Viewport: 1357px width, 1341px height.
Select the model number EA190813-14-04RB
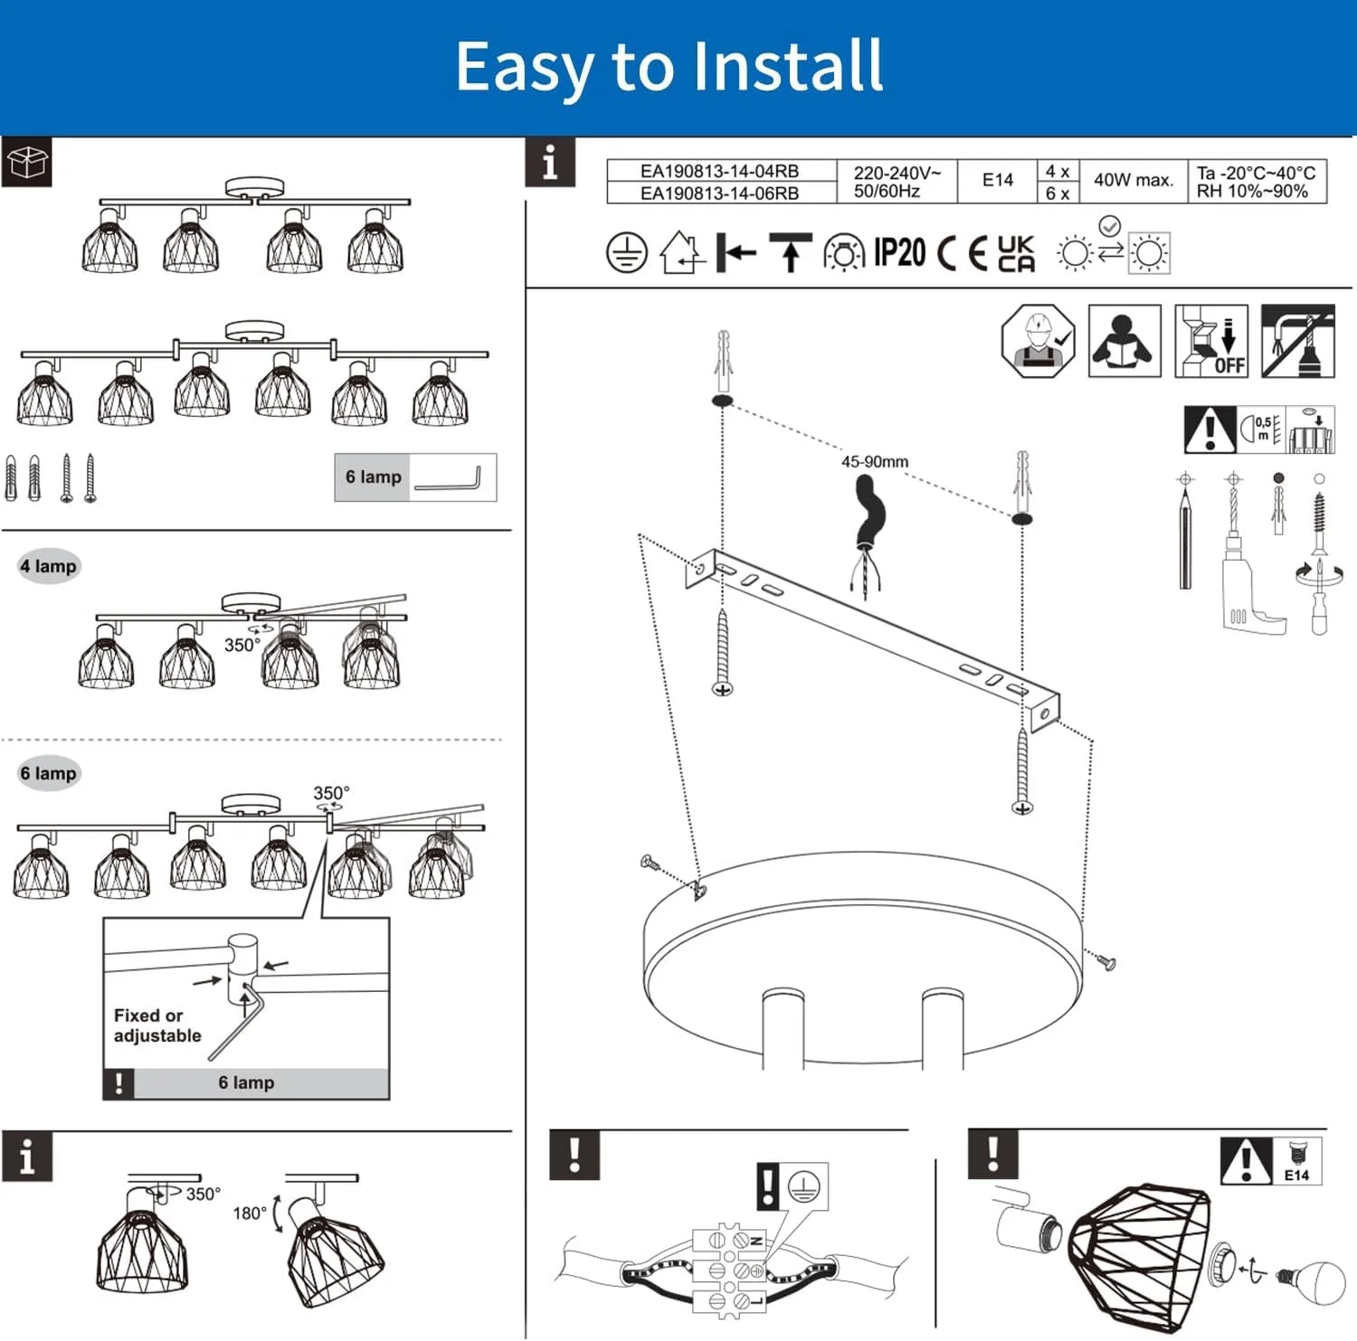point(719,171)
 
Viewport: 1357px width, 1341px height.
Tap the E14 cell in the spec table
point(997,180)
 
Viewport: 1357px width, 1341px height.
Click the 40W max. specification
point(1133,180)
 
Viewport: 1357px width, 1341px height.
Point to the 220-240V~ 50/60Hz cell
point(896,182)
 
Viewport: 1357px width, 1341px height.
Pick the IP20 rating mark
point(898,253)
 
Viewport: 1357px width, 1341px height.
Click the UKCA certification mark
point(1015,253)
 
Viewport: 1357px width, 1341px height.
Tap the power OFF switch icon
point(1211,341)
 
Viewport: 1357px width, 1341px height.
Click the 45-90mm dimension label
point(874,461)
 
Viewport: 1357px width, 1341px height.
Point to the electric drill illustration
point(1245,579)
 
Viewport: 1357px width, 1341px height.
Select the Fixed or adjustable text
point(157,1025)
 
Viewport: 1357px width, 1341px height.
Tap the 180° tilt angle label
point(249,1213)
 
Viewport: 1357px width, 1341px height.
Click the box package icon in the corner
point(26,163)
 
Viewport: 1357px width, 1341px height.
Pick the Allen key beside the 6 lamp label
point(449,479)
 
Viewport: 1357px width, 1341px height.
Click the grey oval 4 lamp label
point(49,566)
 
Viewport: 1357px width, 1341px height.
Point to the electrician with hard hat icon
point(1038,341)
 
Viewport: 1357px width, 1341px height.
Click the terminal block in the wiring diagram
point(728,1270)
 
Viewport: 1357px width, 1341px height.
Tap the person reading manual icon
point(1124,341)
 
